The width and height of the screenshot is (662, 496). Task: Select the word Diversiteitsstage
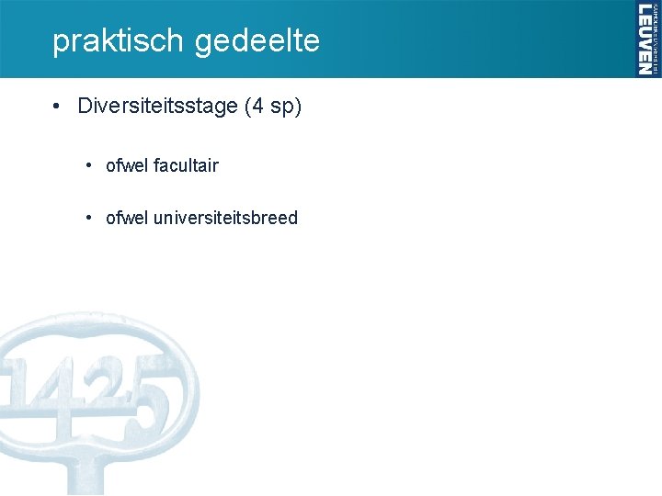pos(157,107)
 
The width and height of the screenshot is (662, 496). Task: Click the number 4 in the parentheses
pos(259,107)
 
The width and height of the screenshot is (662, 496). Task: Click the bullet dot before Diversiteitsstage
pos(57,107)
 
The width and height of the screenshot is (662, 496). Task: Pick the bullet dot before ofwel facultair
pos(87,165)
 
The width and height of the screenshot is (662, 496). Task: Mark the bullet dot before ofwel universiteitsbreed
pos(87,218)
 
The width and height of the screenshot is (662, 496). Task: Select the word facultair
pos(187,165)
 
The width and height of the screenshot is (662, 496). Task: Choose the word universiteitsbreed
pos(226,218)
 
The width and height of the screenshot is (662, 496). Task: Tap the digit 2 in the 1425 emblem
pos(108,387)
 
